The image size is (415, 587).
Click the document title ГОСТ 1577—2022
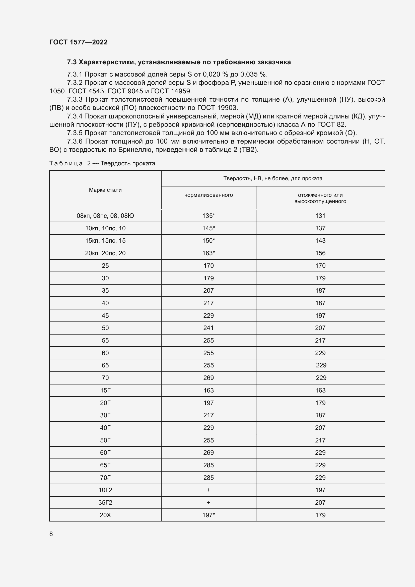(x=79, y=42)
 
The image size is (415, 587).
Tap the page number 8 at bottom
(x=51, y=534)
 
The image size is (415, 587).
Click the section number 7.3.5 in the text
(x=75, y=133)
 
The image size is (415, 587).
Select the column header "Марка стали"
(x=105, y=190)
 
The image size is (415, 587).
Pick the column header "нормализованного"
(x=209, y=195)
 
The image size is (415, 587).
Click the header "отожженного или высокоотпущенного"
(x=320, y=198)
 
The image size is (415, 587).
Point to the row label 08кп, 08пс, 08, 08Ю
(x=105, y=216)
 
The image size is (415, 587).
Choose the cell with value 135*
(x=209, y=216)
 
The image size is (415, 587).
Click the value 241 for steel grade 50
(x=209, y=328)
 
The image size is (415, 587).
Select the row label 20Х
(x=105, y=515)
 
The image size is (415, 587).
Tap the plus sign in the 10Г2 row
(x=209, y=490)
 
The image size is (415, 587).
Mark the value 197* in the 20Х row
(x=209, y=515)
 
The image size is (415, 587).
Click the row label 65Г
(x=105, y=465)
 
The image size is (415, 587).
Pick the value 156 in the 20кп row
(x=320, y=253)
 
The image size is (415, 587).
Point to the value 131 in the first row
(x=320, y=216)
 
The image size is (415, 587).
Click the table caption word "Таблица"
(x=66, y=163)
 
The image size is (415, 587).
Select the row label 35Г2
(x=105, y=503)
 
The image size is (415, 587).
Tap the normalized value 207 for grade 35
(x=209, y=291)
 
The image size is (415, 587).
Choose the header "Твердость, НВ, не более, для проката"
(x=273, y=178)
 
